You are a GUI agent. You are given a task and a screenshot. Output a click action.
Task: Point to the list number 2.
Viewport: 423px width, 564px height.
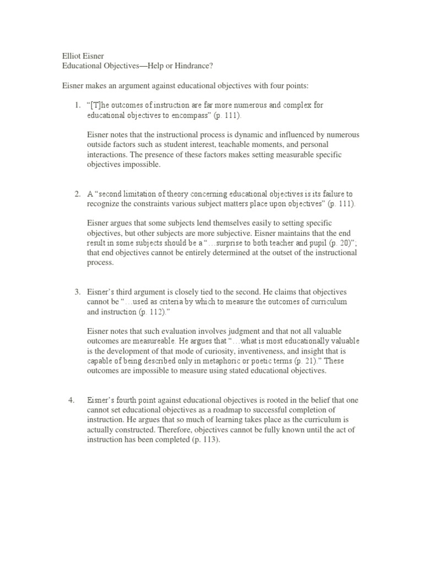click(78, 194)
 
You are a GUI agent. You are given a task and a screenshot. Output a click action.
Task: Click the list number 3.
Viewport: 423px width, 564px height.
click(78, 292)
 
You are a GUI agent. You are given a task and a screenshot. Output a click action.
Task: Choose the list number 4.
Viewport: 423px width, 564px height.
click(71, 400)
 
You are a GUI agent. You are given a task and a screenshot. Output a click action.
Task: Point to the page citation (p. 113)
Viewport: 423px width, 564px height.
click(203, 441)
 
